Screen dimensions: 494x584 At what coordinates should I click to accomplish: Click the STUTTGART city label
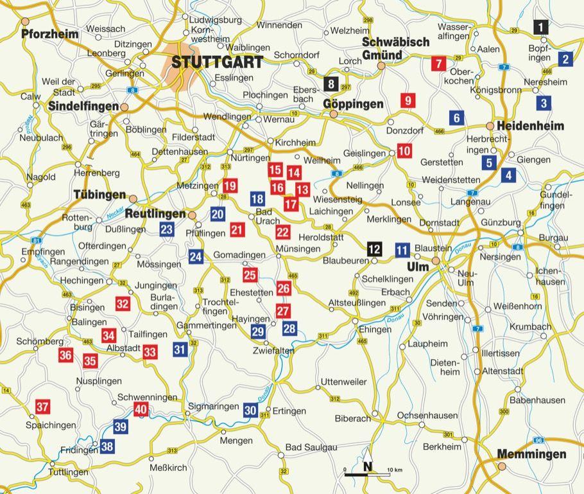pyautogui.click(x=217, y=62)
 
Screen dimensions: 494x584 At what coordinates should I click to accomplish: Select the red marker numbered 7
pyautogui.click(x=439, y=64)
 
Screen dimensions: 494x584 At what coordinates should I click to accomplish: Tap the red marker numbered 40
pyautogui.click(x=141, y=409)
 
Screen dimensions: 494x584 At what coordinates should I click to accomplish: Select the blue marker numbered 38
pyautogui.click(x=107, y=446)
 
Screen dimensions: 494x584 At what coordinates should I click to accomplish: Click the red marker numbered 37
pyautogui.click(x=42, y=407)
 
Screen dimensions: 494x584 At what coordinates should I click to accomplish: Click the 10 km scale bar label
pyautogui.click(x=394, y=471)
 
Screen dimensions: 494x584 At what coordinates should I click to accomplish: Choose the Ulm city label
pyautogui.click(x=417, y=267)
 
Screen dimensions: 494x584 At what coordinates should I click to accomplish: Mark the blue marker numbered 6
pyautogui.click(x=456, y=118)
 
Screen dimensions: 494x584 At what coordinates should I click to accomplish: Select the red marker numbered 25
pyautogui.click(x=250, y=276)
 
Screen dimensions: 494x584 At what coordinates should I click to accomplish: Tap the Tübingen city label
pyautogui.click(x=99, y=195)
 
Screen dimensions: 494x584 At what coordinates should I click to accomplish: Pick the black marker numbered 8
pyautogui.click(x=331, y=84)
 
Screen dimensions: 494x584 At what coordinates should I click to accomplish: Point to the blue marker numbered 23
pyautogui.click(x=167, y=229)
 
